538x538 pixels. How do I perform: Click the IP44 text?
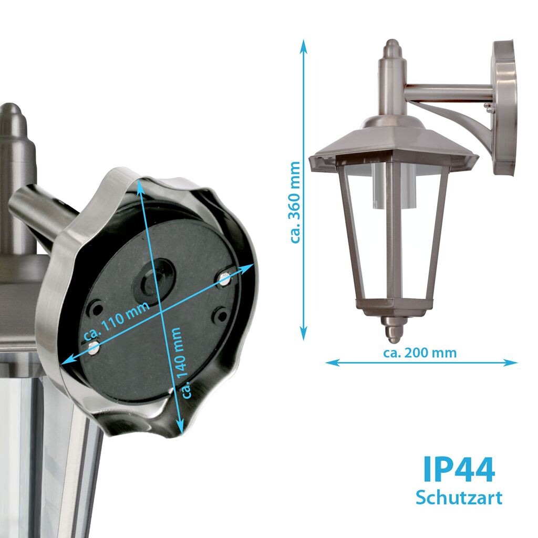pos(459,469)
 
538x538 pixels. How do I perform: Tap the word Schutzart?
pos(459,498)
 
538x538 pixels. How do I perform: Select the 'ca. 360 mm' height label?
pos(295,202)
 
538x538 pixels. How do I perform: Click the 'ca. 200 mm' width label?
pos(420,353)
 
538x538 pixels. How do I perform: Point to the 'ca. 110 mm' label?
pos(117,321)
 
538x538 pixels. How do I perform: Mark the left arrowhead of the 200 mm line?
pos(332,363)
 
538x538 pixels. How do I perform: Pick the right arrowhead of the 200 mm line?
pos(511,363)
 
